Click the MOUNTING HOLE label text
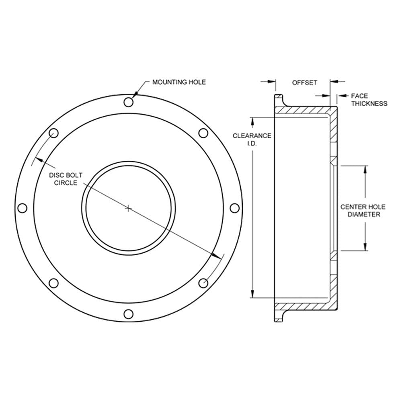[x=179, y=82]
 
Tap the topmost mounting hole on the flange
[x=129, y=102]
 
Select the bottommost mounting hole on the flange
[x=129, y=314]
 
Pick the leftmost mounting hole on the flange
[x=23, y=208]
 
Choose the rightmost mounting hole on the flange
[x=234, y=208]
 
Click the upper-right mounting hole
[x=203, y=133]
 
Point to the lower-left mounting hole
[x=53, y=283]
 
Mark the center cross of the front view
[x=129, y=208]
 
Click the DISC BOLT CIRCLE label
[x=66, y=179]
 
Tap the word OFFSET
[x=305, y=82]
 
